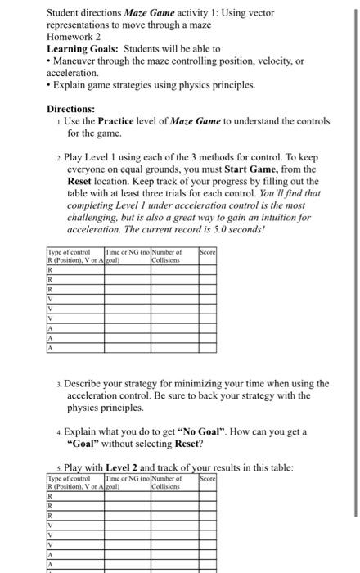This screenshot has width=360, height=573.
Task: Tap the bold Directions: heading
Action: (70, 109)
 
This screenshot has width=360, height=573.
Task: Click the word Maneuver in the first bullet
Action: (78, 61)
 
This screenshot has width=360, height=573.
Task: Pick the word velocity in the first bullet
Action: (274, 61)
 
